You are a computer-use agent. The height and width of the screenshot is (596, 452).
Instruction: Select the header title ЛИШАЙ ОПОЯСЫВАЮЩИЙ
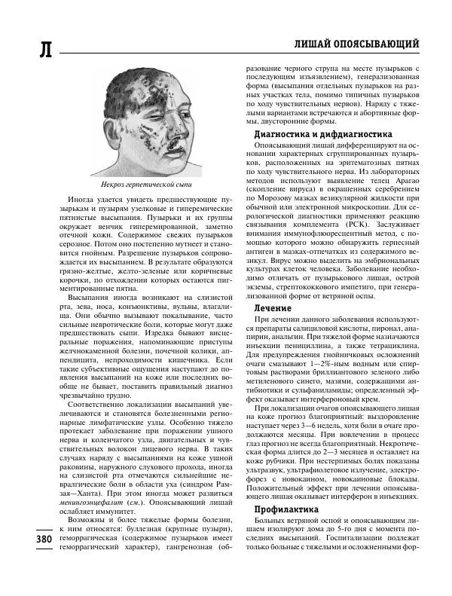(356, 44)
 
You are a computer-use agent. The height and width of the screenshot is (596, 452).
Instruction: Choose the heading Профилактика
(282, 530)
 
